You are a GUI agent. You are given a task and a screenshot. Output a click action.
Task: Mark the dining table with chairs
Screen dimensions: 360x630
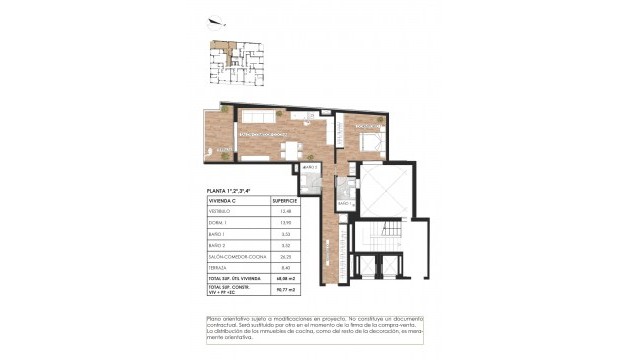pyautogui.click(x=290, y=151)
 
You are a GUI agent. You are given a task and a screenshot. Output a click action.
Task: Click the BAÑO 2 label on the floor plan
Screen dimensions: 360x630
pyautogui.click(x=310, y=167)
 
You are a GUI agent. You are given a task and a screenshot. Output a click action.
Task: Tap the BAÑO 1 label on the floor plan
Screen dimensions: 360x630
pyautogui.click(x=343, y=203)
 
